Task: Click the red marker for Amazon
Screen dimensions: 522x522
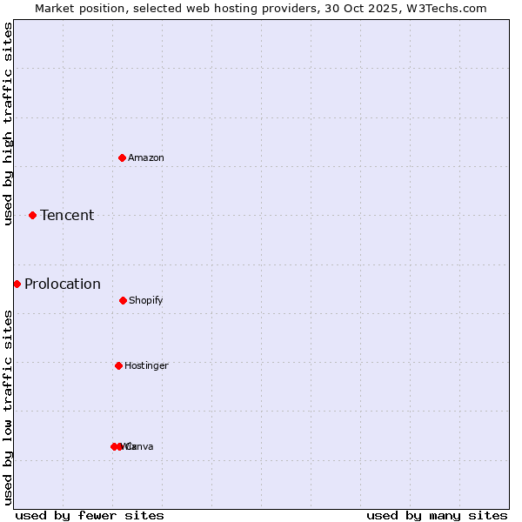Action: click(x=122, y=157)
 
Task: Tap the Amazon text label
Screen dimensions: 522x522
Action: click(x=146, y=157)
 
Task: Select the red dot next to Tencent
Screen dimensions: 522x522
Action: click(x=32, y=215)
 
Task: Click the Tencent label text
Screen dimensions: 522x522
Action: click(x=67, y=215)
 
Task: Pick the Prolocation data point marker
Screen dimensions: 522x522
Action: click(x=17, y=284)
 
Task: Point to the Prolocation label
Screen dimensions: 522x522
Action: click(x=63, y=284)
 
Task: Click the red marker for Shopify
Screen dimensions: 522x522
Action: click(x=123, y=300)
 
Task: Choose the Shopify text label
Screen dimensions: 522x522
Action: click(x=146, y=300)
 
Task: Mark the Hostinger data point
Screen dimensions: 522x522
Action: click(x=118, y=365)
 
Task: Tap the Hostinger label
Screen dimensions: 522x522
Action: click(x=146, y=365)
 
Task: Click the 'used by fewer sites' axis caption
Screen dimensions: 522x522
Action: click(x=90, y=515)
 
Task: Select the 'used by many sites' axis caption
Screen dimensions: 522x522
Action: click(x=437, y=515)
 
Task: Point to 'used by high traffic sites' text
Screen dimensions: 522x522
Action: click(x=9, y=124)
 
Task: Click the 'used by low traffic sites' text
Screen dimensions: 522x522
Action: click(x=9, y=406)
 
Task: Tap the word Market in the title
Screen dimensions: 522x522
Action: click(x=55, y=8)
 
